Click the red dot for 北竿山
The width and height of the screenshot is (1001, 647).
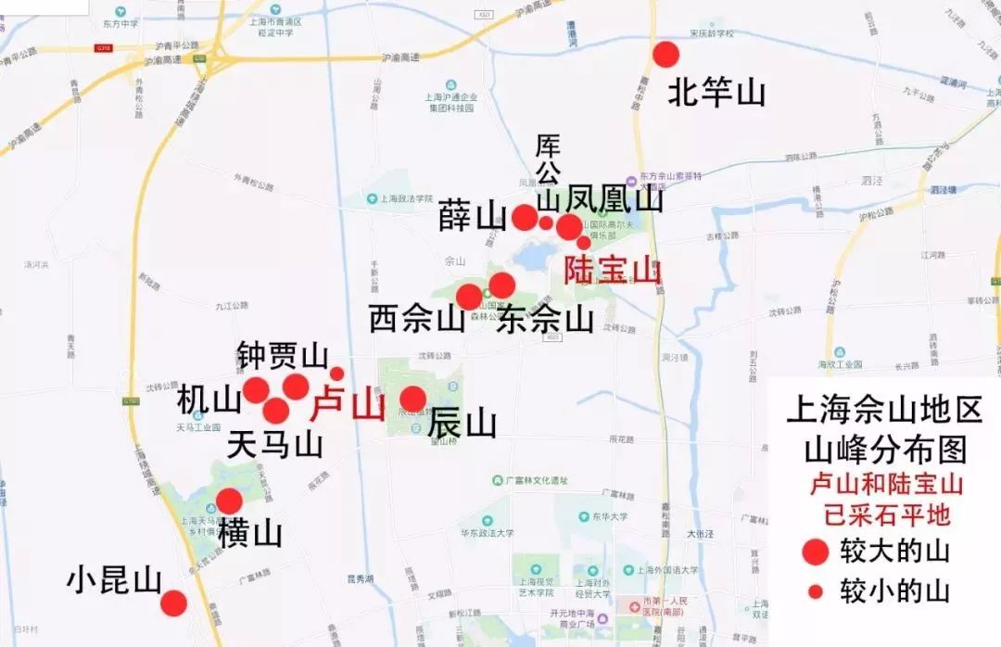665,55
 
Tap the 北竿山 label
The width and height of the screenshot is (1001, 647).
716,93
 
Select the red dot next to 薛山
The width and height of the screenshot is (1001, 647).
525,218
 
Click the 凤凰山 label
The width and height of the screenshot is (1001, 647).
615,198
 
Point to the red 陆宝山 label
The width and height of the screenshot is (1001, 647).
613,271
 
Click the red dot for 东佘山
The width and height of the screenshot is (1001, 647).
501,285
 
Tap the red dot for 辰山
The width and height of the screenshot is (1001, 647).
413,399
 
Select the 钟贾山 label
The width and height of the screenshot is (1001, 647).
283,355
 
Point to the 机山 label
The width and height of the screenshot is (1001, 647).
209,401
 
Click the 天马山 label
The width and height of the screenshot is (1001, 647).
274,445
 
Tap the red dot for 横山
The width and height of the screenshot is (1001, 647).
229,501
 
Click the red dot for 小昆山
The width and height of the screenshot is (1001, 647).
173,603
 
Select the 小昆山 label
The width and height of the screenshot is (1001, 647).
114,580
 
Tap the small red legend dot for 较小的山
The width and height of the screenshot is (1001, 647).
816,591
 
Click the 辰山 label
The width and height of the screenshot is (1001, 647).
462,425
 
